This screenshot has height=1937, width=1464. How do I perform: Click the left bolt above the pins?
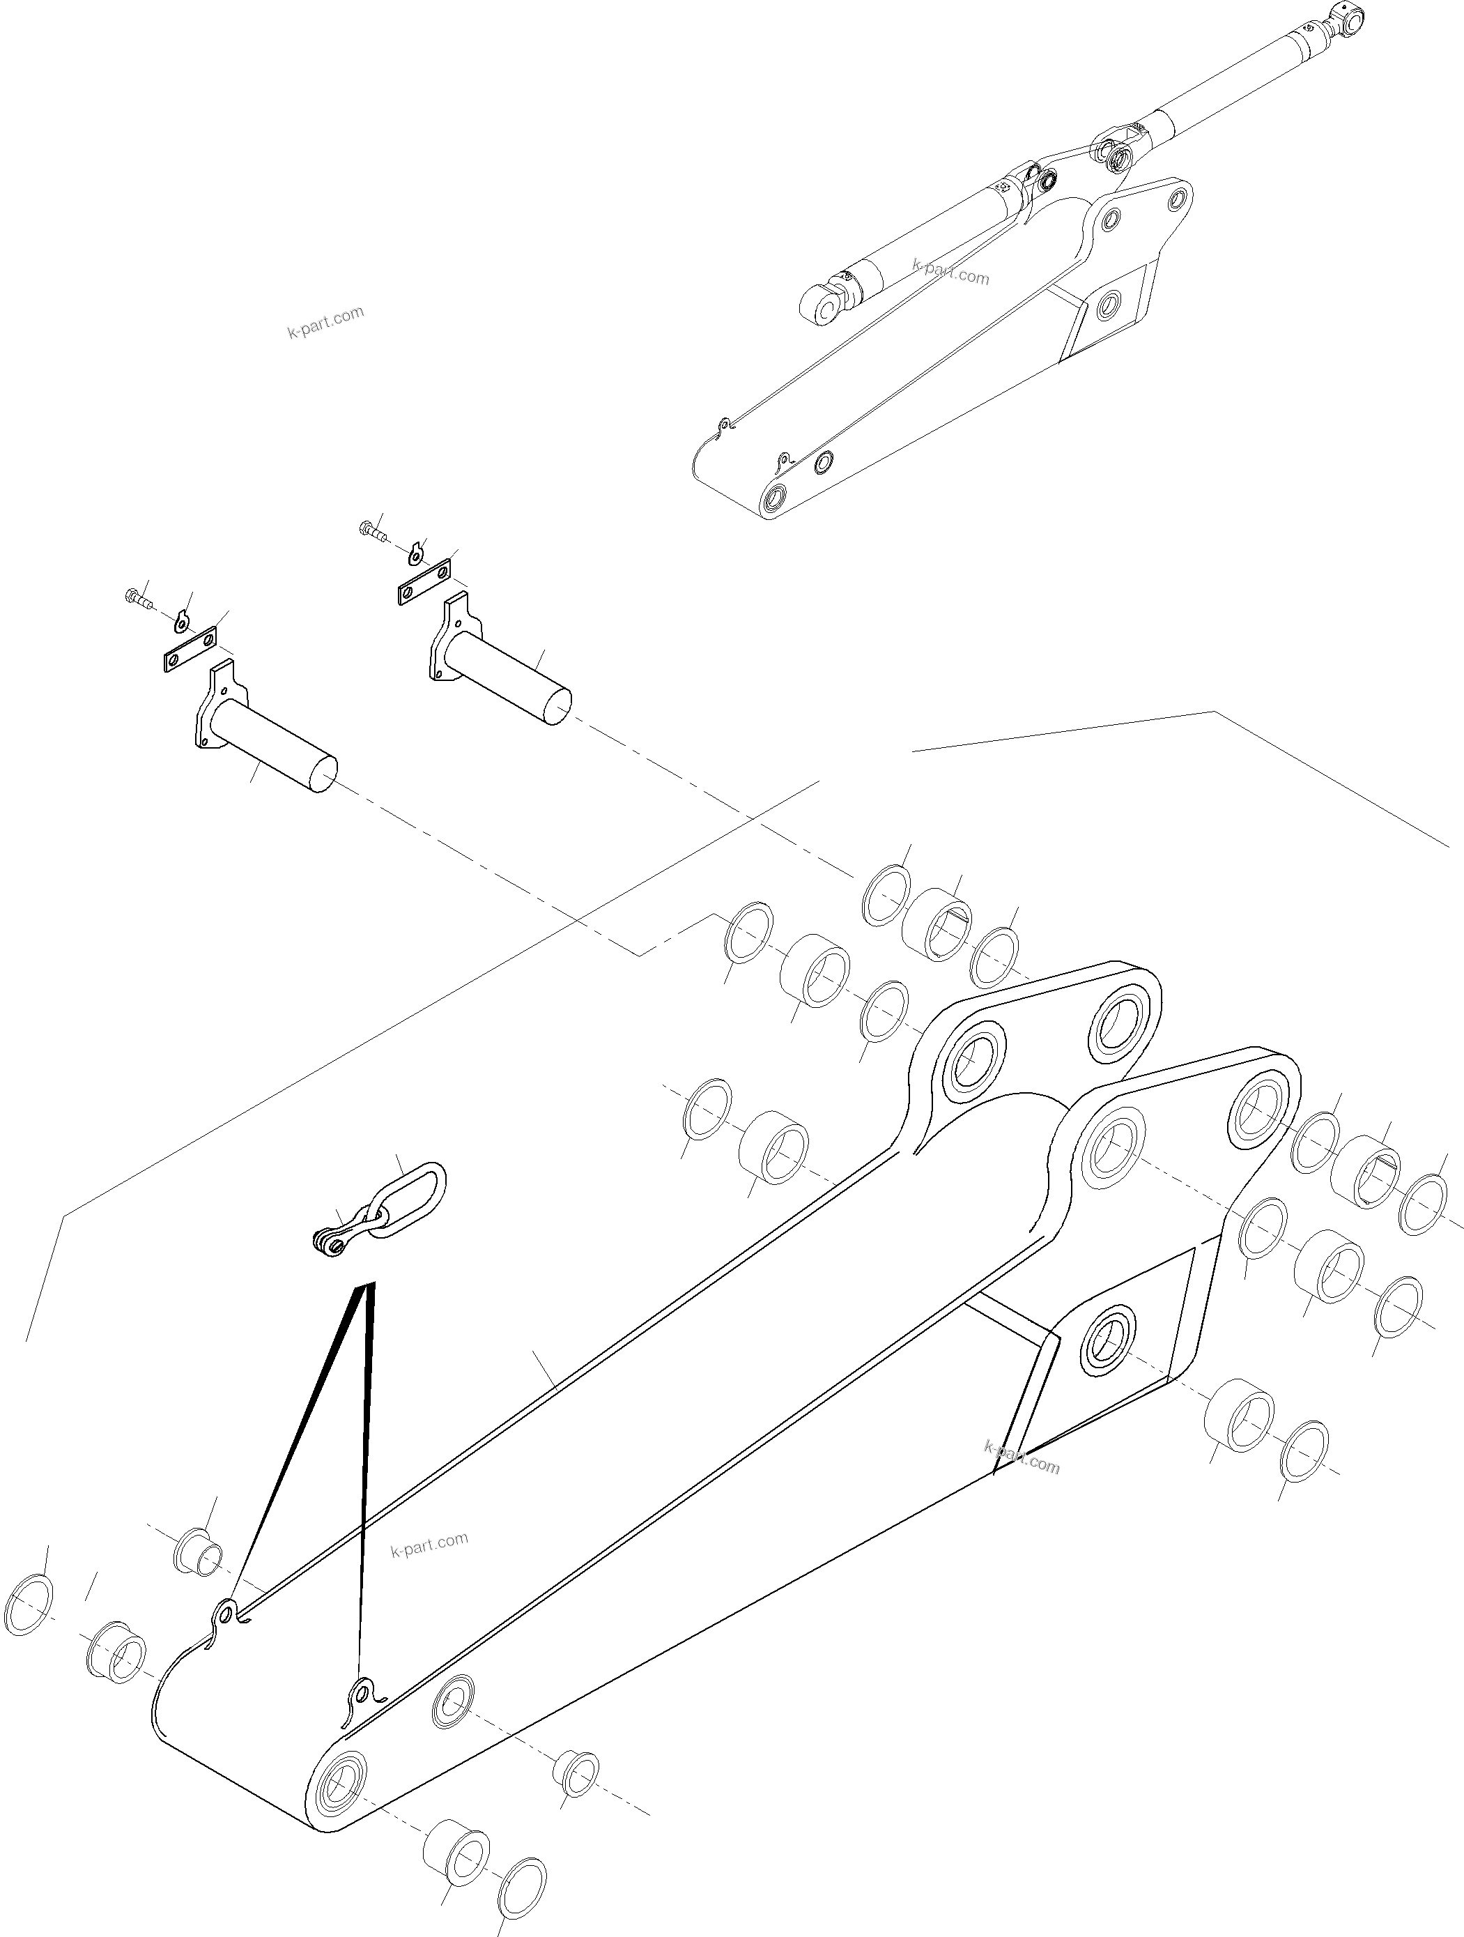(x=135, y=600)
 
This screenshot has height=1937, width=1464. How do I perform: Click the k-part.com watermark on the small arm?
(x=950, y=273)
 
